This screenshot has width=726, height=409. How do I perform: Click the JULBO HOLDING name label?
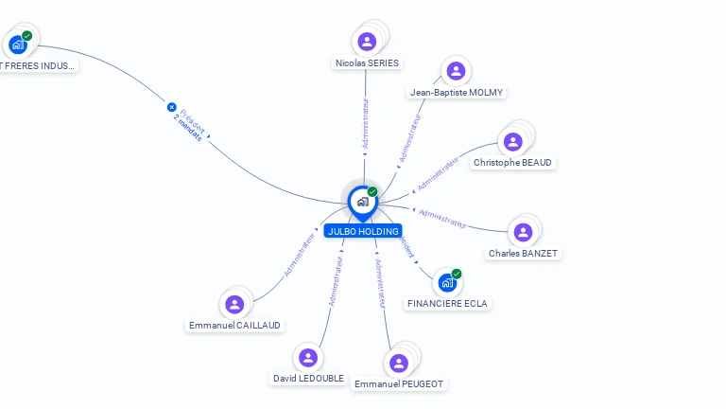point(363,231)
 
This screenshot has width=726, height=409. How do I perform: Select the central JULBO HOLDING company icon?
point(363,201)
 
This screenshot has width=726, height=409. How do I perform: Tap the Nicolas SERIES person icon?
point(367,42)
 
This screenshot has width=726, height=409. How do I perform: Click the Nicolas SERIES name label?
point(367,63)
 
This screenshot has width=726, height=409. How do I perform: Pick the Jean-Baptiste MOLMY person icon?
point(456,71)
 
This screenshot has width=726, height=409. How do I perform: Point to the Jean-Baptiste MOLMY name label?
point(457,93)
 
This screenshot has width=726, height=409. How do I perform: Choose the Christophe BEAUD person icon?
point(512,142)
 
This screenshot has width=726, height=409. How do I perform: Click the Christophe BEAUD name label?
point(513,163)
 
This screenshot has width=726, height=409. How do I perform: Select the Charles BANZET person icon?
point(523,232)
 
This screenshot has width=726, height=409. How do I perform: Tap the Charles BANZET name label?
point(523,254)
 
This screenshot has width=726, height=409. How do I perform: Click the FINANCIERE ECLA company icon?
point(447,282)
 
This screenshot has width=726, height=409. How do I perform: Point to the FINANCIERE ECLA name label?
point(448,304)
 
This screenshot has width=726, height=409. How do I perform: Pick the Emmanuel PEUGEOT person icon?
point(399,363)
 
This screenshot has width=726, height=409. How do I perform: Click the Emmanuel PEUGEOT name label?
point(399,384)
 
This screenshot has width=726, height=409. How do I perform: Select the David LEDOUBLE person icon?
point(308,358)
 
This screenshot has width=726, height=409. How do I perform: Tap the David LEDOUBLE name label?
point(309,379)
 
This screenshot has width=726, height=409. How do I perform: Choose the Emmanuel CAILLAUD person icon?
point(234,304)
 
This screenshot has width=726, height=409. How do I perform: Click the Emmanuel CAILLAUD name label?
point(234,326)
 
